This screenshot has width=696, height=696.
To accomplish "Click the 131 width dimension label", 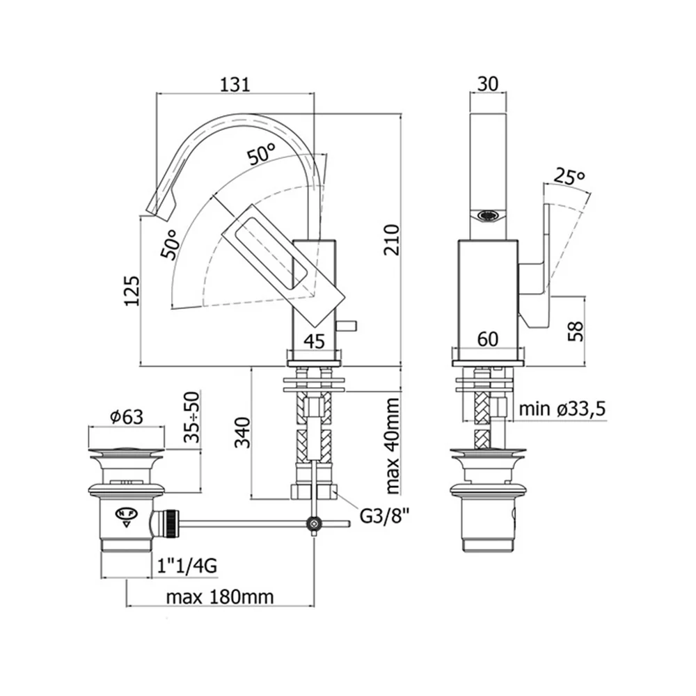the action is click(x=235, y=84).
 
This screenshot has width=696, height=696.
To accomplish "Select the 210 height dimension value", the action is click(x=392, y=240).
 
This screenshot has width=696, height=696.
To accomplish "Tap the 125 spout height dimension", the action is click(x=132, y=291).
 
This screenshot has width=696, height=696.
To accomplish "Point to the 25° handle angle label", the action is click(x=569, y=177).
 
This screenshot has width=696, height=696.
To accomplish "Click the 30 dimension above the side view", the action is click(x=489, y=84).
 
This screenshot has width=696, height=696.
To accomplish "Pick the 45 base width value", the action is click(x=315, y=341).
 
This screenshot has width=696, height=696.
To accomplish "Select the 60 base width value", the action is click(x=488, y=340).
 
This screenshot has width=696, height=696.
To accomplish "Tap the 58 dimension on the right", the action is click(x=576, y=331).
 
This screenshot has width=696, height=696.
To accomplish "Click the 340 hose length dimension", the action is click(x=242, y=432).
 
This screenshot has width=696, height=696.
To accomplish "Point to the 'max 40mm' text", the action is click(x=393, y=445).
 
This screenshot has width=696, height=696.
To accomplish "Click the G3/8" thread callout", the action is click(x=384, y=516).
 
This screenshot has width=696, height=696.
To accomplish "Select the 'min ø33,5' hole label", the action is click(x=562, y=409).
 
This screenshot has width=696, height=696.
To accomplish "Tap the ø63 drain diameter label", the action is click(x=127, y=417).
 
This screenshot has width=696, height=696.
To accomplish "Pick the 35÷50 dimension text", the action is click(x=191, y=417).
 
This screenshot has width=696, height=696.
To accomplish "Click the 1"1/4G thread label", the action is click(x=187, y=566).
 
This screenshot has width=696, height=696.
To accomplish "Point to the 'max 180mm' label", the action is click(x=220, y=597).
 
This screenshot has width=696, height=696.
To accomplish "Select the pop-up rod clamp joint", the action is click(x=315, y=524).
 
